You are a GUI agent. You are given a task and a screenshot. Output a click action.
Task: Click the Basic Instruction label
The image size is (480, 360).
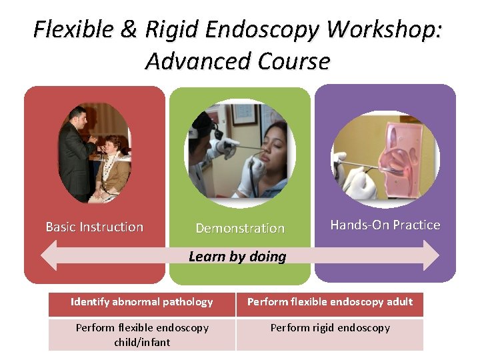pyautogui.click(x=94, y=227)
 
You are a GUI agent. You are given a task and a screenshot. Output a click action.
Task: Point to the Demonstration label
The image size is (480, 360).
pyautogui.click(x=240, y=228)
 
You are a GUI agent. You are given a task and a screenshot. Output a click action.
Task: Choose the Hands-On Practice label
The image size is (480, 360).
pyautogui.click(x=385, y=225)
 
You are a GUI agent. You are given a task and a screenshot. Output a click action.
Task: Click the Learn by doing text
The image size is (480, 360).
pyautogui.click(x=237, y=257)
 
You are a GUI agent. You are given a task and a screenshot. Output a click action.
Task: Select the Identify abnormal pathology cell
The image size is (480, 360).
pyautogui.click(x=142, y=302)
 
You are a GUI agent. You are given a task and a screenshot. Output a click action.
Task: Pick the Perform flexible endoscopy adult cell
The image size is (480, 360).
pyautogui.click(x=330, y=302)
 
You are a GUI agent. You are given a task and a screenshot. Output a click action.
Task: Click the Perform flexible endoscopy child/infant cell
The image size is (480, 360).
pyautogui.click(x=142, y=335)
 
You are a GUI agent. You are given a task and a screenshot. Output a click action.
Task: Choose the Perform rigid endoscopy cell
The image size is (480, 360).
pyautogui.click(x=330, y=328)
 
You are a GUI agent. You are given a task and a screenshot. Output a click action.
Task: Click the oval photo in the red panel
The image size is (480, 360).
pyautogui.click(x=94, y=153)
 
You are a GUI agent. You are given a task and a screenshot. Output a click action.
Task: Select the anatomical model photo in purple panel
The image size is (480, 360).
pyautogui.click(x=385, y=155)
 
